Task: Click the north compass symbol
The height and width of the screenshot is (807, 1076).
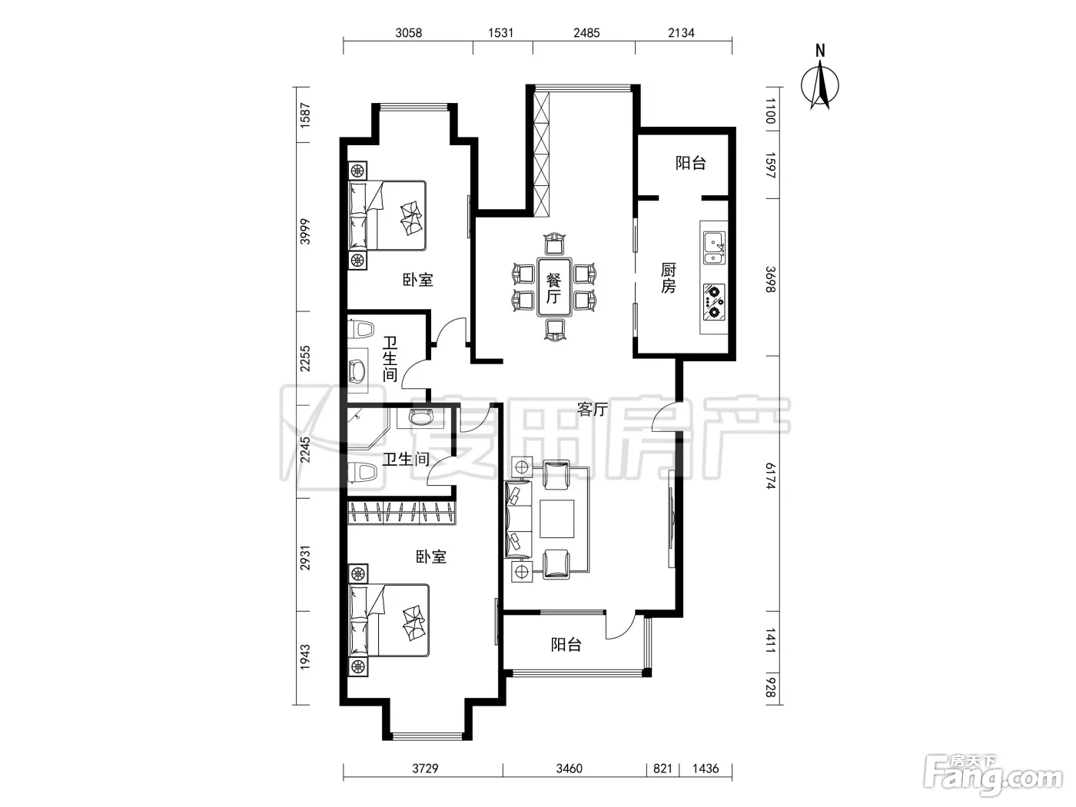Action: point(819,78)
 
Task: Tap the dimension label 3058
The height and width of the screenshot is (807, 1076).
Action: point(408,33)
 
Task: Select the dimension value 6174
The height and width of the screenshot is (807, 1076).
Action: point(771,476)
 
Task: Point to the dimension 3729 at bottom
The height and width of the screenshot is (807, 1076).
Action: point(425,769)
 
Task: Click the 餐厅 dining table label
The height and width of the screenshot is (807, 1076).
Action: point(554,289)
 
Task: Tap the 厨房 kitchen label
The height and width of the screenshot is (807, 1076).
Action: point(668,277)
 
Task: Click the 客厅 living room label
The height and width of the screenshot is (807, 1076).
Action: point(593,409)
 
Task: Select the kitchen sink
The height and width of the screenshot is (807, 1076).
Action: point(714,248)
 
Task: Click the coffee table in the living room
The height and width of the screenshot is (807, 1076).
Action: point(557,519)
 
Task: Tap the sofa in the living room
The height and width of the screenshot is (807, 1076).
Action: point(518,520)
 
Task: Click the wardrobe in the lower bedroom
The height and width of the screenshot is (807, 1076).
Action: point(401,513)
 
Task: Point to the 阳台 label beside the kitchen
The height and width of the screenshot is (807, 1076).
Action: point(691,163)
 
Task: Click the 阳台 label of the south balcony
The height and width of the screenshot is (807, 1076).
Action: point(566,644)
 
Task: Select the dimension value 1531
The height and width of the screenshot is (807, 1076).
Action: point(500,33)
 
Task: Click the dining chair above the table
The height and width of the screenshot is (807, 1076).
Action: point(555,244)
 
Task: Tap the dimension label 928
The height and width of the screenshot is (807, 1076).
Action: point(771,687)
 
